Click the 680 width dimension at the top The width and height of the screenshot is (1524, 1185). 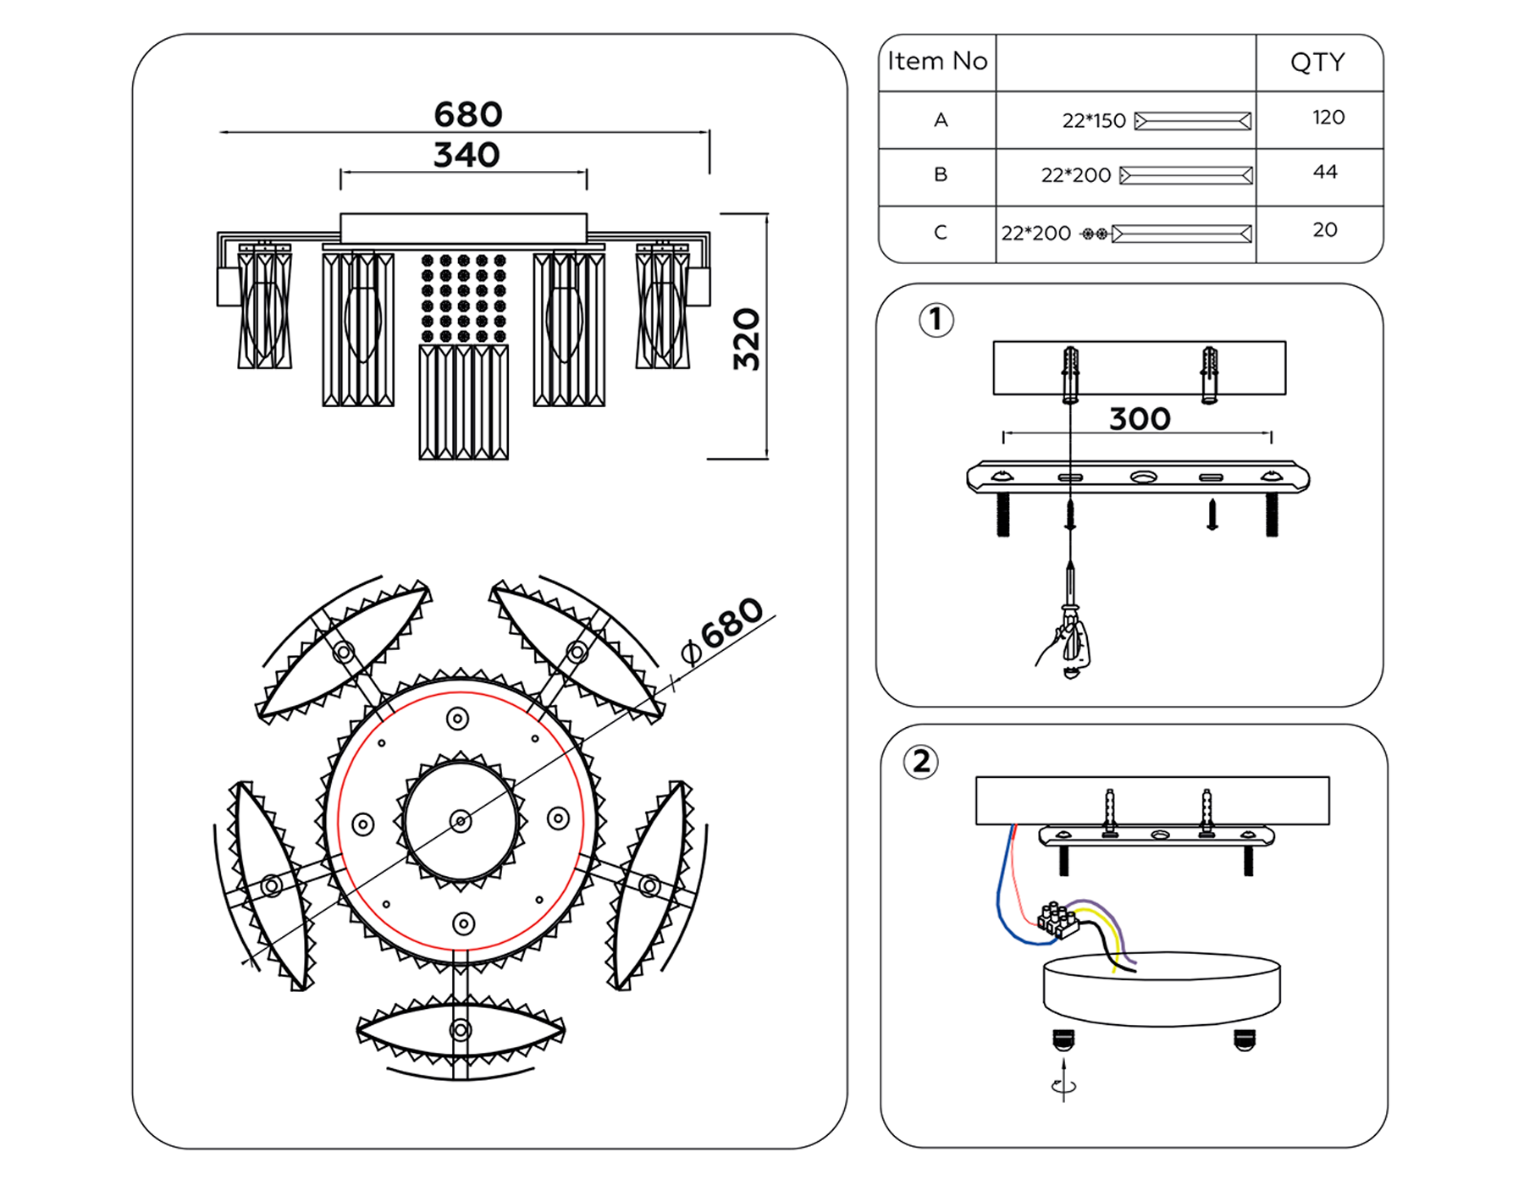tap(467, 114)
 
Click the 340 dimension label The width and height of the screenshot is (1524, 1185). tap(467, 155)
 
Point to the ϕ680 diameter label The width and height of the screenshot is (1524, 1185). tap(722, 630)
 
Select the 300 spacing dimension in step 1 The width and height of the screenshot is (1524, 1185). tap(1140, 419)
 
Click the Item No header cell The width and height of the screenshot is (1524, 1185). tap(937, 62)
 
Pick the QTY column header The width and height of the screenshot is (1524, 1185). tap(1317, 62)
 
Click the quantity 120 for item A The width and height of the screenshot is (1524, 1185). tap(1328, 118)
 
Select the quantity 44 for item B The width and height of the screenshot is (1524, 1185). tap(1325, 173)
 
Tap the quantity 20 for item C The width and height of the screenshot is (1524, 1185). tap(1325, 230)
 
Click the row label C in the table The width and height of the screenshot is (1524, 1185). tap(940, 233)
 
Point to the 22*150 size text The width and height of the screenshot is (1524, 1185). tap(1094, 121)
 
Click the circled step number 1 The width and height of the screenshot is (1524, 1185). tap(936, 320)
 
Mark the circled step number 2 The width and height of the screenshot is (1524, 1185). tap(921, 762)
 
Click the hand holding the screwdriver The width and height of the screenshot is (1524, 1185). tap(1068, 643)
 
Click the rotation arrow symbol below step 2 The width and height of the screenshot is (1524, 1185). tap(1063, 1085)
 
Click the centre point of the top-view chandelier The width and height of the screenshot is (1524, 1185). tap(461, 821)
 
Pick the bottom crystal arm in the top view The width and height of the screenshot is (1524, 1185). tap(461, 1030)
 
